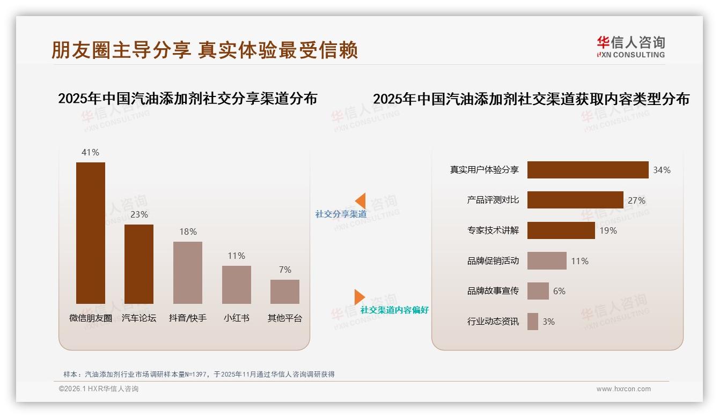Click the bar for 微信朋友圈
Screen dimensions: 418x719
(x=91, y=233)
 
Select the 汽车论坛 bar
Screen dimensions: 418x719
(x=139, y=264)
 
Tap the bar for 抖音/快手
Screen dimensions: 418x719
(x=188, y=272)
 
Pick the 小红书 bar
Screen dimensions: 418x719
(x=236, y=285)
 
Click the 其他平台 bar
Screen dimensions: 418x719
(x=285, y=292)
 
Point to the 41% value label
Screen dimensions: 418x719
(x=90, y=152)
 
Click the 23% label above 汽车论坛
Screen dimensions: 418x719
(x=139, y=214)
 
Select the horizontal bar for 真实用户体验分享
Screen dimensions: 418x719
(x=588, y=170)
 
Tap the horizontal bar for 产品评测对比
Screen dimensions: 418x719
(x=575, y=200)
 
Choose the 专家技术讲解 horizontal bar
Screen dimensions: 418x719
(x=561, y=230)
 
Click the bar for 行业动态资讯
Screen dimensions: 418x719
(x=532, y=322)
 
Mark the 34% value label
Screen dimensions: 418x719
(x=662, y=170)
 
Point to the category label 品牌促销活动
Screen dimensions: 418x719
(x=493, y=261)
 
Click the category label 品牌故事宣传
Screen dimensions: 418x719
(x=493, y=291)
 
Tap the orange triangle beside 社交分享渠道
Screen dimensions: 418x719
(x=361, y=201)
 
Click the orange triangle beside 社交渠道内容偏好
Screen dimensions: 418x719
(x=359, y=297)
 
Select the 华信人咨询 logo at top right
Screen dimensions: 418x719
(x=630, y=47)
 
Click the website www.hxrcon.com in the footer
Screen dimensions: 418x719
(x=623, y=389)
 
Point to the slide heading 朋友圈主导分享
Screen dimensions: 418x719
(x=121, y=50)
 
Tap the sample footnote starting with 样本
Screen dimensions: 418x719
(x=199, y=374)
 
